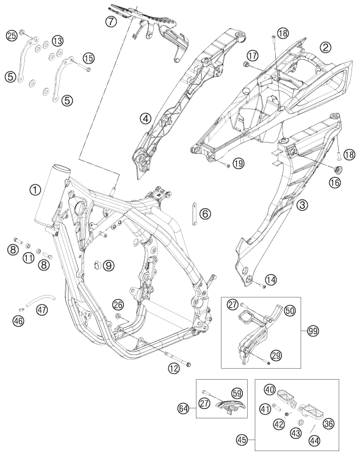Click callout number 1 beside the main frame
tap(35, 190)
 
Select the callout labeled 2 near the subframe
tap(325, 47)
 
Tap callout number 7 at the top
tap(111, 21)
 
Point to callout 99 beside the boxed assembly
tap(314, 331)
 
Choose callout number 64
tap(183, 408)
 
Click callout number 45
tap(242, 440)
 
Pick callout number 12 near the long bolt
tap(174, 369)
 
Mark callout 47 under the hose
tap(42, 310)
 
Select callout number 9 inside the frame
tap(109, 265)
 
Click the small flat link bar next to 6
tap(193, 214)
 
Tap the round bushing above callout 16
tap(337, 170)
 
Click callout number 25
tap(12, 36)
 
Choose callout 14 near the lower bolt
tap(271, 280)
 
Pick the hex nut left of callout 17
tap(246, 64)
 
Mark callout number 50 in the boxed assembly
tap(289, 310)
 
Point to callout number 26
tap(118, 305)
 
